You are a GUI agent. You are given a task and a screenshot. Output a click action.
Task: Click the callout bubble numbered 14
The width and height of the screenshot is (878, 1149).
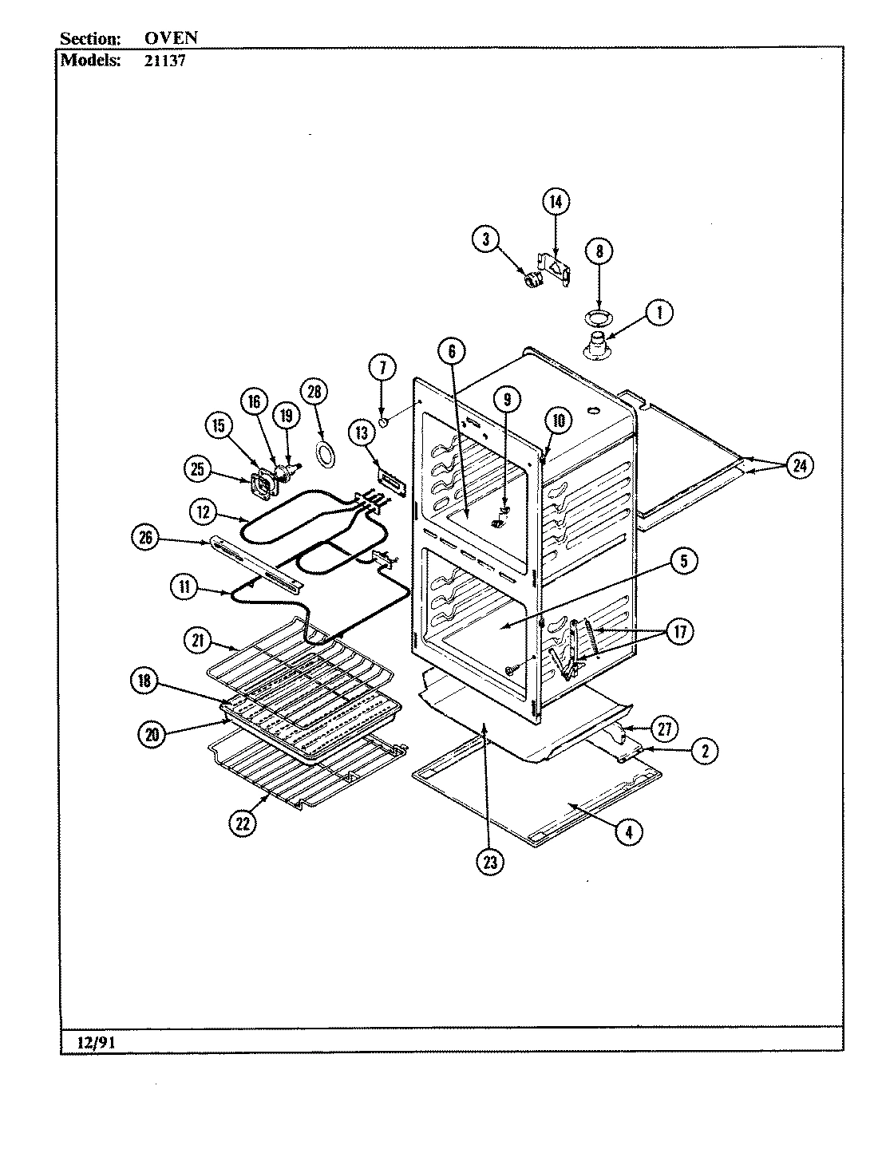pos(556,202)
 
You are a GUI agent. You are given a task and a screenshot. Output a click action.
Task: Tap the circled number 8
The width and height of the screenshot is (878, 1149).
pos(599,251)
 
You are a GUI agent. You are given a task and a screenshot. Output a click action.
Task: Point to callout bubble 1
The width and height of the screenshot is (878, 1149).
pos(659,313)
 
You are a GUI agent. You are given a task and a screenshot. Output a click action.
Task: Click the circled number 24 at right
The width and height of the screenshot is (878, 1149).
pos(799,466)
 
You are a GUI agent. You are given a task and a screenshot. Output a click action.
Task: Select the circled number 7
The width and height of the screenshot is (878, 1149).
pos(382,368)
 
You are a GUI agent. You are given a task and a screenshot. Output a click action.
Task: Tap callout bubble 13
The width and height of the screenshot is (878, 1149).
pos(362,433)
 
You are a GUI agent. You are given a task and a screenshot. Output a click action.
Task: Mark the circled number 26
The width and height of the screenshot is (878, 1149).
pos(145,537)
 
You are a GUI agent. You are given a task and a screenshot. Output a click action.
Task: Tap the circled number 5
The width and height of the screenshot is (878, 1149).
pos(683,561)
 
